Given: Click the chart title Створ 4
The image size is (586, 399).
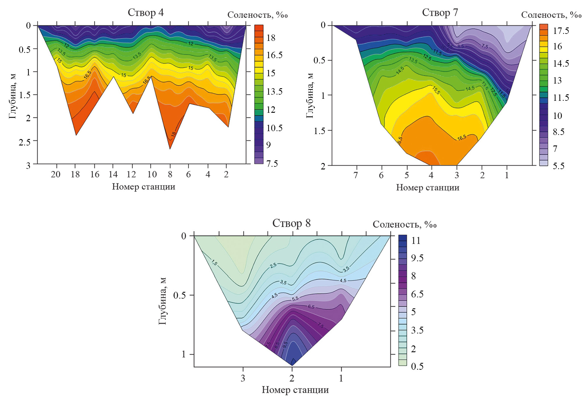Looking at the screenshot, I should pos(145,13).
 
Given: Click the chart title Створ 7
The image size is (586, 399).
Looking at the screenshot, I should pos(440,13).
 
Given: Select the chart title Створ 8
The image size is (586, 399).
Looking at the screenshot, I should pos(291,223).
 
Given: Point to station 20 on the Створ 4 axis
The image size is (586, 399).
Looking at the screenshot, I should pos(56,174).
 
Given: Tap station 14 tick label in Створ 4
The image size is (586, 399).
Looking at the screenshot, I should pos(113,174).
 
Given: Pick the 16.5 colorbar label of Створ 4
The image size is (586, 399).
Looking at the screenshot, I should pos(274,55).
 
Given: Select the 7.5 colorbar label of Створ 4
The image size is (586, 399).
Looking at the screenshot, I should pos(272,164).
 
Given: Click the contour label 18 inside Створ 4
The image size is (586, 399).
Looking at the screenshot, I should pos(174,134).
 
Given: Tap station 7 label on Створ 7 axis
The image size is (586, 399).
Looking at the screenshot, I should pos(356,175).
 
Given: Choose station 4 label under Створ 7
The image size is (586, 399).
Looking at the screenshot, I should pos(431,175).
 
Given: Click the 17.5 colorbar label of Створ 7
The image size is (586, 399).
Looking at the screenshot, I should pos(561,31).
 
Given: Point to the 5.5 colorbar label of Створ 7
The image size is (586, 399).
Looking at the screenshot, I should pos(559,166).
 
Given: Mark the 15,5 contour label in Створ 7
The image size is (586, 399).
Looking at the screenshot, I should pos(436,90).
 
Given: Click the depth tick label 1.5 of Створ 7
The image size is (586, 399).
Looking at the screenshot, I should pos(319,131).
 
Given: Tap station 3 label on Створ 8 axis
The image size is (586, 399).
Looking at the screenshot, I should pos(243,379).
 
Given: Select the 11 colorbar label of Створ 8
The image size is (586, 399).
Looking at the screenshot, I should pos(416,241).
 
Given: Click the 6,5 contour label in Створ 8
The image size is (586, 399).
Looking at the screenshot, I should pos(311,307).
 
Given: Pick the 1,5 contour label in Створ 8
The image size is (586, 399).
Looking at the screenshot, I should pos(214,262).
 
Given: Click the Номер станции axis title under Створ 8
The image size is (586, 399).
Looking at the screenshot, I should pos(295,390).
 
